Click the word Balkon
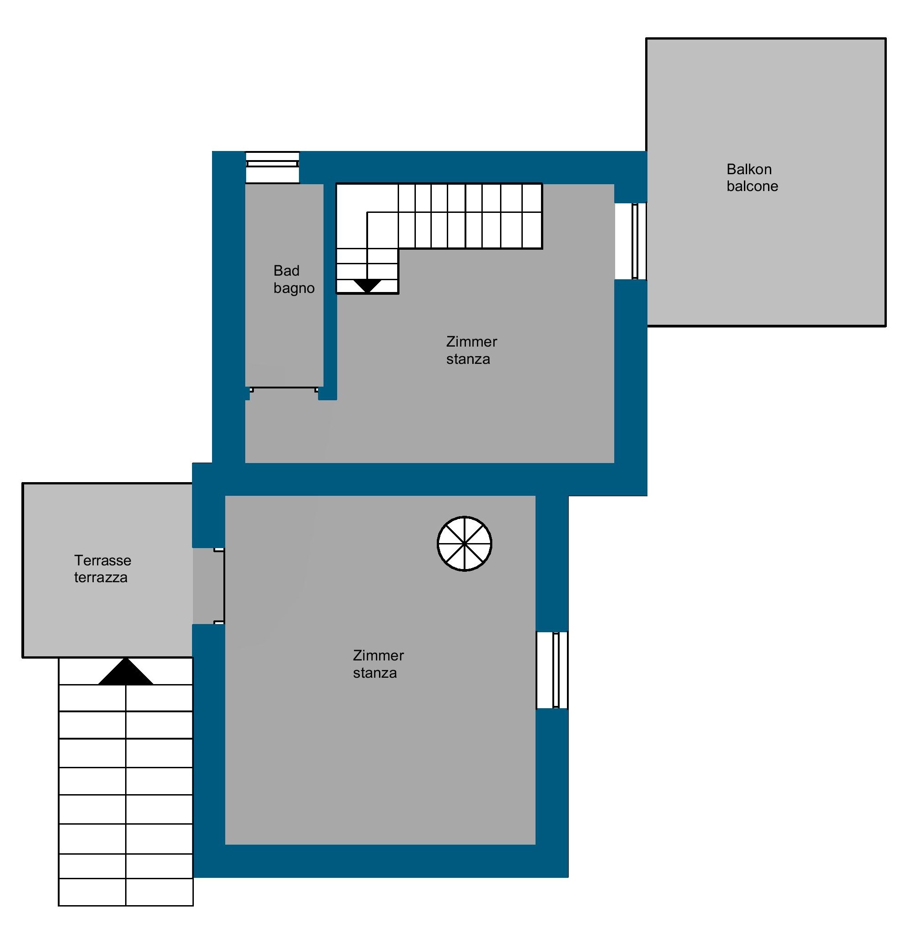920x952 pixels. point(748,169)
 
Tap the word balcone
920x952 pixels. point(752,186)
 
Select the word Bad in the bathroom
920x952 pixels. point(286,271)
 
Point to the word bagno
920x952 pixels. point(294,288)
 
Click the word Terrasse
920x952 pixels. point(102,560)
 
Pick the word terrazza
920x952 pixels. point(101,578)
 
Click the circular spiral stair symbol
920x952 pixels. point(465,544)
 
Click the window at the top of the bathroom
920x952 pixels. point(272,167)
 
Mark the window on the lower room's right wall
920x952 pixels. point(552,670)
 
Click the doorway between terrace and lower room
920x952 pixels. point(208,586)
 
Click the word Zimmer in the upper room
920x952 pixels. point(471,342)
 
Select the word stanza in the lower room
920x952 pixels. point(374,673)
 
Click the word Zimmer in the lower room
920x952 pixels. point(378,655)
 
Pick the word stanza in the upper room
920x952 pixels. point(468,359)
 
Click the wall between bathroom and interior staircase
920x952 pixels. point(330,292)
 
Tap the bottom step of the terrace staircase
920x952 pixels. point(126,892)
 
